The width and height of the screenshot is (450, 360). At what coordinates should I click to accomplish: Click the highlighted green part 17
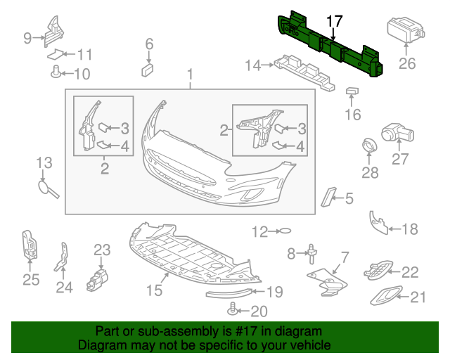[x=330, y=46]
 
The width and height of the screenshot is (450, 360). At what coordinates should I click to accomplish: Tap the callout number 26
[x=407, y=63]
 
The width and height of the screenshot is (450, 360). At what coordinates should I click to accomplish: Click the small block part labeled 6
[x=148, y=70]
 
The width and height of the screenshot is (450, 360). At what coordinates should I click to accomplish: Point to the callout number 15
[x=154, y=290]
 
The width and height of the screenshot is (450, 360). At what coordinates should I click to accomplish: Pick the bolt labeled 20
[x=231, y=310]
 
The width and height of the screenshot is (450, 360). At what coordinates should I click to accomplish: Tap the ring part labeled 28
[x=369, y=146]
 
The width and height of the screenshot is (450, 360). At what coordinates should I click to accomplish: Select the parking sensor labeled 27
[x=398, y=133]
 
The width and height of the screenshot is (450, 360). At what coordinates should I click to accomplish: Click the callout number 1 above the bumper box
[x=190, y=75]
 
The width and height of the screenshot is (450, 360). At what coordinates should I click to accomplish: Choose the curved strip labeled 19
[x=229, y=293]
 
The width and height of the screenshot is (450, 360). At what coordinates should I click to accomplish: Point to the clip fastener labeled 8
[x=311, y=254]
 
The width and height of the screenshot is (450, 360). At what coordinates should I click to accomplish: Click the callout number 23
[x=102, y=250]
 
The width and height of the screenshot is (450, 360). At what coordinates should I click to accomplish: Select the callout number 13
[x=44, y=162]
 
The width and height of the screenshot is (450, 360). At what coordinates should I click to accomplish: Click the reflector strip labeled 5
[x=328, y=197]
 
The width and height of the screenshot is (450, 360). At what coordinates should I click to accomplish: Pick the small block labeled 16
[x=352, y=91]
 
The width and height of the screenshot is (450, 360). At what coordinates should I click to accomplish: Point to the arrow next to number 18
[x=395, y=229]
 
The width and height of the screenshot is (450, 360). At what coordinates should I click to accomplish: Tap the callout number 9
[x=27, y=38]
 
